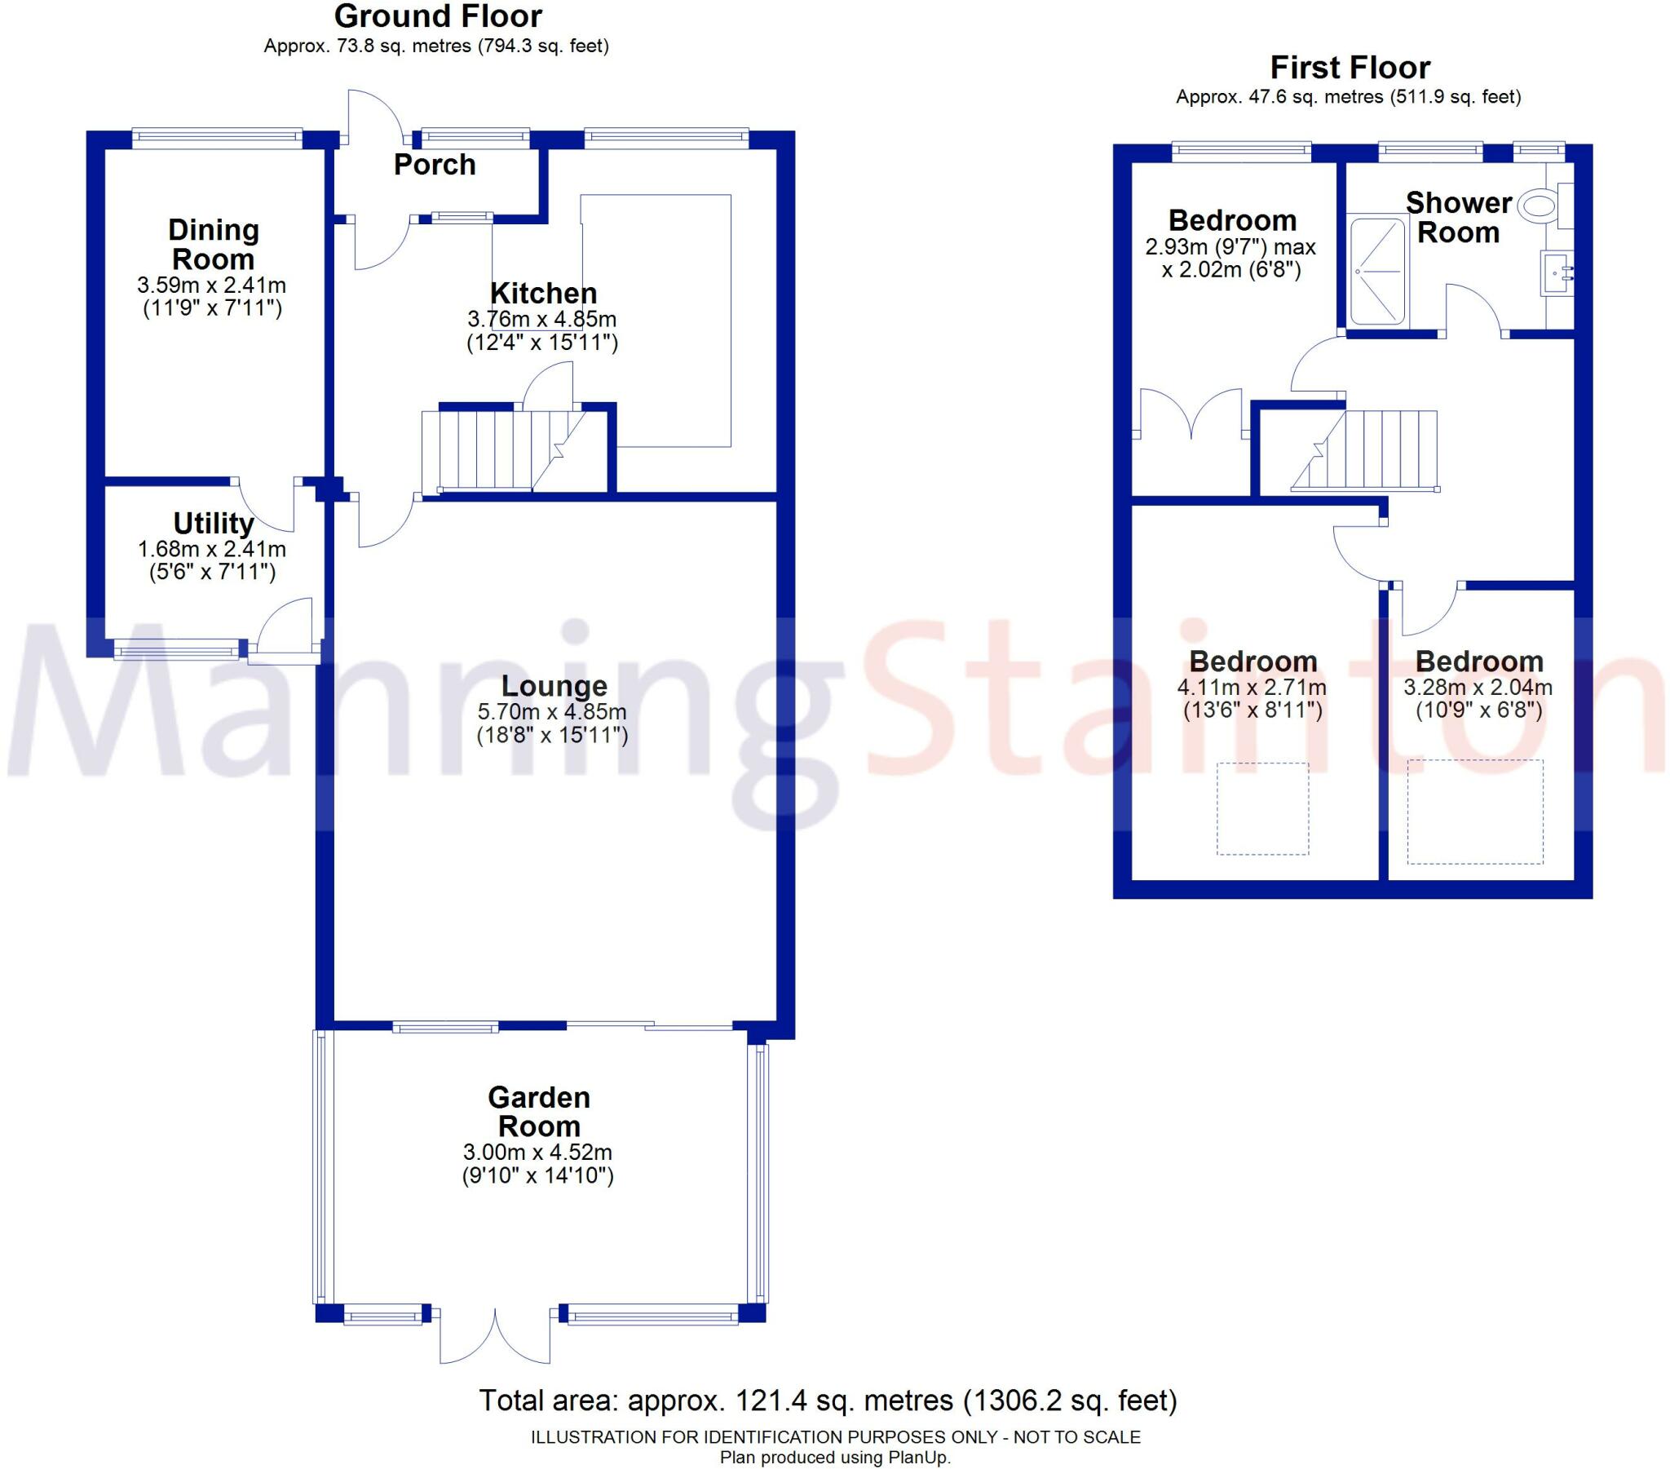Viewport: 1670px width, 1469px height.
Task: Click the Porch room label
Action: pos(434,165)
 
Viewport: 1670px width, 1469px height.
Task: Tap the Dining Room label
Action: pos(214,245)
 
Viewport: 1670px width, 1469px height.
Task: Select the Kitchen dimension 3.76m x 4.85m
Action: pos(541,320)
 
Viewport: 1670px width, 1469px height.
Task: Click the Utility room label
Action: pos(214,523)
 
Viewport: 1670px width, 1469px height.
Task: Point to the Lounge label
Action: pos(554,686)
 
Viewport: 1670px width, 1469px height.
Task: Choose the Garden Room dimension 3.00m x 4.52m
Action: pos(537,1153)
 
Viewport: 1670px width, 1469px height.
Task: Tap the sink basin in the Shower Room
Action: pos(1556,272)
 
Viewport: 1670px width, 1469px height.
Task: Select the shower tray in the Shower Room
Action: pos(1378,270)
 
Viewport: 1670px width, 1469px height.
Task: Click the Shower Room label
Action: pos(1458,218)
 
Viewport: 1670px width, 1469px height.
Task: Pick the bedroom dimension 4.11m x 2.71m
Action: pos(1252,688)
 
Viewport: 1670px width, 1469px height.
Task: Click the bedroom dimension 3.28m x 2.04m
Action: pos(1478,688)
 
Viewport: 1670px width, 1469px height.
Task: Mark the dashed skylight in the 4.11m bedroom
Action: pos(1262,808)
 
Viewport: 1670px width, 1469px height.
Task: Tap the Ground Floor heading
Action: pos(438,16)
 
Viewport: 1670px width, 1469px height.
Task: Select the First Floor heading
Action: pos(1350,67)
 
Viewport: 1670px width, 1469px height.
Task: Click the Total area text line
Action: pos(828,1400)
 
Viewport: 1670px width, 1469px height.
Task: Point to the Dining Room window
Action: pos(217,137)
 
